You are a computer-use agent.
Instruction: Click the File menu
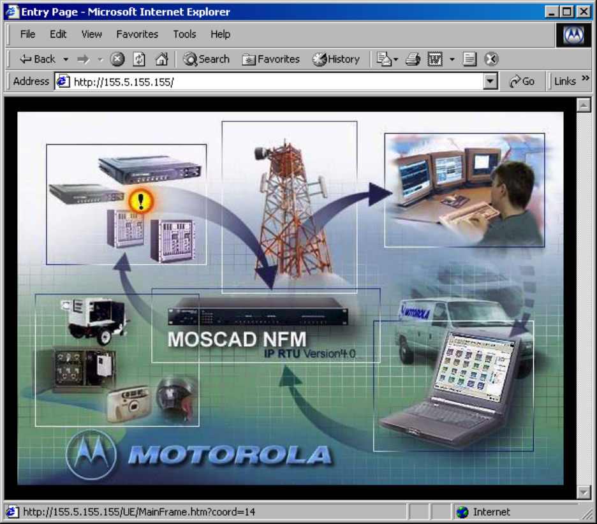(x=27, y=34)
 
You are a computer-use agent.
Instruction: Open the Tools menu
(x=184, y=34)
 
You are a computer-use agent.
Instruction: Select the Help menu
(x=221, y=34)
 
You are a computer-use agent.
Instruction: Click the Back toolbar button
(x=38, y=59)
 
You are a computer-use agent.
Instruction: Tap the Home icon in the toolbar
(x=162, y=59)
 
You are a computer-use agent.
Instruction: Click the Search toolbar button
(x=207, y=59)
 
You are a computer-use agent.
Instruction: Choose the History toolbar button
(x=335, y=59)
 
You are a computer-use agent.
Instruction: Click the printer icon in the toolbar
(x=413, y=59)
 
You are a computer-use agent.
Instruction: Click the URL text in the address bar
(x=124, y=82)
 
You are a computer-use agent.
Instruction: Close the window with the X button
(x=584, y=12)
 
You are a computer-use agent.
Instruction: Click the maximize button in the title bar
(x=567, y=12)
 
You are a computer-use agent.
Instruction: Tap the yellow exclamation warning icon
(x=141, y=201)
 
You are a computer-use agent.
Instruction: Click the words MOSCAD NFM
(x=237, y=339)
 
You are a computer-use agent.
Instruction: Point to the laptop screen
(x=475, y=368)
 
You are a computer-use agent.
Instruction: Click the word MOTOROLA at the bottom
(x=230, y=455)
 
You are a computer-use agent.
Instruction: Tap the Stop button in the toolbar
(x=117, y=59)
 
